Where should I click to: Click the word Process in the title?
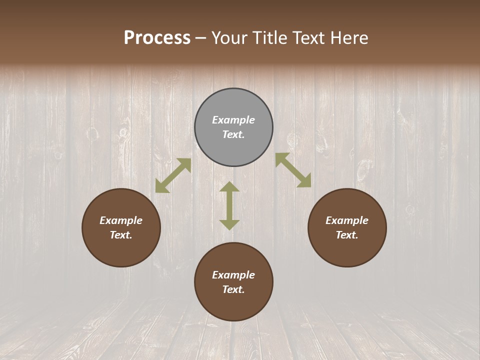157,38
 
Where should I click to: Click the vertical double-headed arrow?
229,205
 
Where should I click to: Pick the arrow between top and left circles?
173,175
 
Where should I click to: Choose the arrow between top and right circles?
293,170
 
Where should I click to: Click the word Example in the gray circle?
233,120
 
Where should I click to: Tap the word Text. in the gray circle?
233,134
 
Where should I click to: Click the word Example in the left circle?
121,220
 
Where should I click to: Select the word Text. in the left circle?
121,235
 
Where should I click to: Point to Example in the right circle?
347,220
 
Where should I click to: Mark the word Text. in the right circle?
347,235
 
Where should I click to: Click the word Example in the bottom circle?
233,275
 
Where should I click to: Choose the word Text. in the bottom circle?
233,289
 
